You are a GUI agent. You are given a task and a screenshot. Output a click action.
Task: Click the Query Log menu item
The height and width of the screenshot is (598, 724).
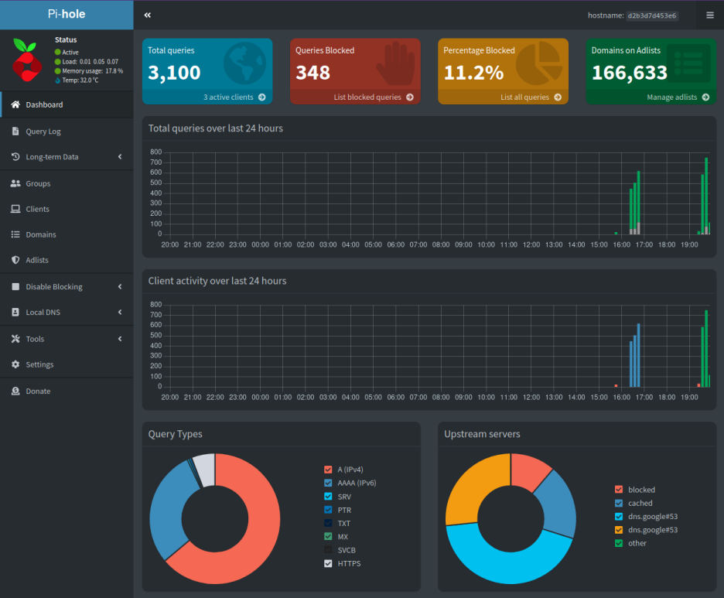pyautogui.click(x=43, y=132)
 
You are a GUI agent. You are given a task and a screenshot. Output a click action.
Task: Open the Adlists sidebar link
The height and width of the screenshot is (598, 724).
pyautogui.click(x=36, y=261)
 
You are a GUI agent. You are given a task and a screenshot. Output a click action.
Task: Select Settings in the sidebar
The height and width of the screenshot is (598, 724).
pyautogui.click(x=39, y=364)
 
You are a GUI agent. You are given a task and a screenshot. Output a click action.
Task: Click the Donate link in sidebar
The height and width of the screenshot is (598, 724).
pyautogui.click(x=38, y=391)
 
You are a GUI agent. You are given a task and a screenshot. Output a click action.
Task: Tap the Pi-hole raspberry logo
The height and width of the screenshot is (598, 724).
pyautogui.click(x=27, y=59)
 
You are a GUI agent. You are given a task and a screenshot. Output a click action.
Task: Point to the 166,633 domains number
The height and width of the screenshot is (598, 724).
pyautogui.click(x=629, y=73)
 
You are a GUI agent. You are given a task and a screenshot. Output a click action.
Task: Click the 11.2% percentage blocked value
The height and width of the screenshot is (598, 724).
pyautogui.click(x=473, y=73)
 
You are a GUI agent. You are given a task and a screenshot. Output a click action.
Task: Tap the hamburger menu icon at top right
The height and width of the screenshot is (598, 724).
pyautogui.click(x=710, y=15)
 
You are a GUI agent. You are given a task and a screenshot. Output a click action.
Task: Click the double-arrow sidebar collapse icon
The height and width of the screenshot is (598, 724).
pyautogui.click(x=147, y=15)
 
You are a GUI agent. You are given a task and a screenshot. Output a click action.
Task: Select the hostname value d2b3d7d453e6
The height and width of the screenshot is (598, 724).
pyautogui.click(x=651, y=15)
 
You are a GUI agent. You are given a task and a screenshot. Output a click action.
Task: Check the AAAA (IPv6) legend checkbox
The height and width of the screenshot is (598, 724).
pyautogui.click(x=328, y=483)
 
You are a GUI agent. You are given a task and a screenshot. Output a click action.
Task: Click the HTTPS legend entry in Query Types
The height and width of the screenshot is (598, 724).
pyautogui.click(x=348, y=563)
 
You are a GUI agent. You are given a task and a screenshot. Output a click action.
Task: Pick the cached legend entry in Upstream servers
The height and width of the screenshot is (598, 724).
pyautogui.click(x=640, y=503)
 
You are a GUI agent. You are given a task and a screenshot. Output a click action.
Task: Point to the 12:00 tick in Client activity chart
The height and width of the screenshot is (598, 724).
pyautogui.click(x=531, y=398)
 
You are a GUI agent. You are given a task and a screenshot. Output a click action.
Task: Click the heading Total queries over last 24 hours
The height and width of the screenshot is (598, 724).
pyautogui.click(x=216, y=128)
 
